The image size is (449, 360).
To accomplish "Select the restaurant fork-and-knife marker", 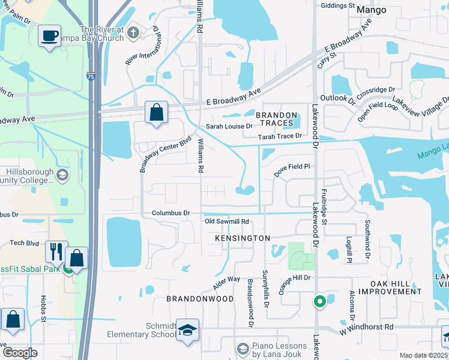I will (x=57, y=251).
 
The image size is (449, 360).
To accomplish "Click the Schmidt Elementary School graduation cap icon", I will (x=187, y=331).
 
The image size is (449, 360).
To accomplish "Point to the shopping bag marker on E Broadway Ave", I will (x=156, y=112).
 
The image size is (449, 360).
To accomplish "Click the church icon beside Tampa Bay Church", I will (x=133, y=32).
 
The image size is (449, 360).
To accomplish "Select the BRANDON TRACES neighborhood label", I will (x=277, y=119).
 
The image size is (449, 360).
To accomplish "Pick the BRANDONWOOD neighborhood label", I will (x=200, y=298).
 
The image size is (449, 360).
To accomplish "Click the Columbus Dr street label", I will (x=170, y=213).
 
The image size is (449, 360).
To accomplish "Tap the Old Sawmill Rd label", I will (x=227, y=222).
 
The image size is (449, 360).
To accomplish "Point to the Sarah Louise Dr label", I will (x=229, y=127).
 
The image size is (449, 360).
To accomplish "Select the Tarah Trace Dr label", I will (x=279, y=136).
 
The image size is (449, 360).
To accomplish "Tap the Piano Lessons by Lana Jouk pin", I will (x=243, y=348).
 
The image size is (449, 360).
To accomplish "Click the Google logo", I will (x=20, y=353).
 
